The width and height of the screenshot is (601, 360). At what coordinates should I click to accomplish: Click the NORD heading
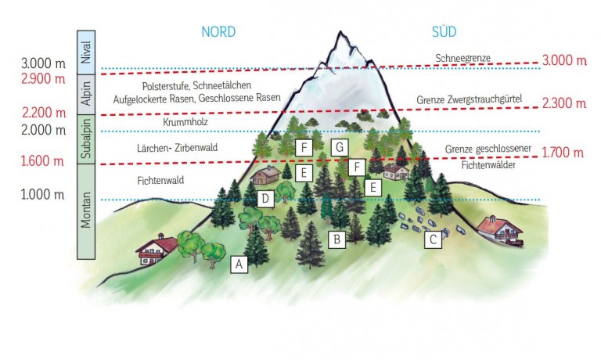pyautogui.click(x=218, y=32)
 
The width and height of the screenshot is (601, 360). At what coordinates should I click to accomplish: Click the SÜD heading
pyautogui.click(x=444, y=32)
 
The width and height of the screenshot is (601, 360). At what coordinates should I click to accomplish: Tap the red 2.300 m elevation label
pyautogui.click(x=563, y=103)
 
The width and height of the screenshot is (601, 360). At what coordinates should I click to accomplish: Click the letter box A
pyautogui.click(x=239, y=265)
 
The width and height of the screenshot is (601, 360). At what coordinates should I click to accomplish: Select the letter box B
pyautogui.click(x=336, y=239)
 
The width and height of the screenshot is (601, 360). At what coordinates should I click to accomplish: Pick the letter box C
pyautogui.click(x=431, y=240)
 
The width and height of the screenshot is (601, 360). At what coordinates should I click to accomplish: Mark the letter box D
pyautogui.click(x=266, y=199)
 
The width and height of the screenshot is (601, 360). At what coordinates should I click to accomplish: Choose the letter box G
pyautogui.click(x=338, y=146)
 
